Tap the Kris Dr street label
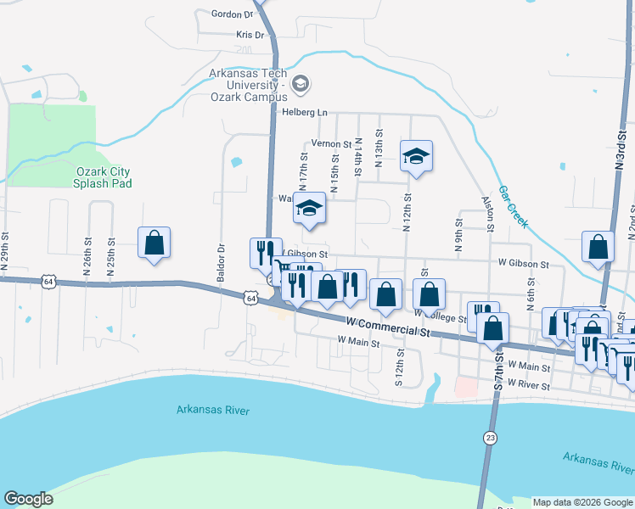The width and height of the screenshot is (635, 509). pyautogui.click(x=250, y=36)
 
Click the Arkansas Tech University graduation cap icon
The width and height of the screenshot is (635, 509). pyautogui.click(x=301, y=84)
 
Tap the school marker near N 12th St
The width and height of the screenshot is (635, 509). pyautogui.click(x=416, y=157)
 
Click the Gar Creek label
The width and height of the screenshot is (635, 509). pyautogui.click(x=513, y=207)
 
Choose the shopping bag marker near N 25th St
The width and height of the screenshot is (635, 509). pyautogui.click(x=154, y=243)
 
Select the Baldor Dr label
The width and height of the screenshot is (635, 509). pyautogui.click(x=221, y=264)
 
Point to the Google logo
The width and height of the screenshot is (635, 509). pyautogui.click(x=28, y=499)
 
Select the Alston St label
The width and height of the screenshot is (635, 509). pyautogui.click(x=488, y=214)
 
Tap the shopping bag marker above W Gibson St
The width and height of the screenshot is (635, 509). pyautogui.click(x=598, y=247)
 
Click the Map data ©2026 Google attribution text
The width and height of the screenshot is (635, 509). pyautogui.click(x=582, y=502)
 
